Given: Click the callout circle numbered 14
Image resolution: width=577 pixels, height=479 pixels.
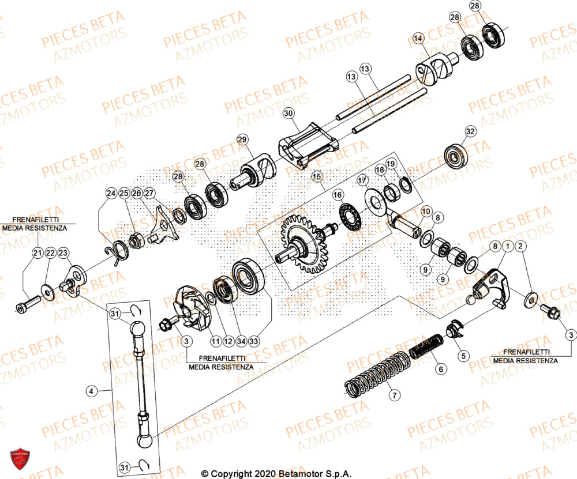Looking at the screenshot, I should [x=418, y=39].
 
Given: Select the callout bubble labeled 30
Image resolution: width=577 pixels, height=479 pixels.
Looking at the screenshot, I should [x=288, y=114].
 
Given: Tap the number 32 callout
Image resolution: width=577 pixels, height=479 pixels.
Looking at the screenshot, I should [x=470, y=132].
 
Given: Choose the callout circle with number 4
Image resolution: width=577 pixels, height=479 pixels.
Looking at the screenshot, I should [x=91, y=391].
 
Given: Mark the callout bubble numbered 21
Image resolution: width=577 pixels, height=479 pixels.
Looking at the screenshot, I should [x=38, y=253].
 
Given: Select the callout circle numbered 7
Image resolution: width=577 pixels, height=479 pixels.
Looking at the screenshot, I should [x=394, y=395].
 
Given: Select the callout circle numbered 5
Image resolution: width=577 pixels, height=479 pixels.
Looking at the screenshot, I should [x=463, y=356].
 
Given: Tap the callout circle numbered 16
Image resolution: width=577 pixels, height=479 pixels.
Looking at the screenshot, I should [x=337, y=195].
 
